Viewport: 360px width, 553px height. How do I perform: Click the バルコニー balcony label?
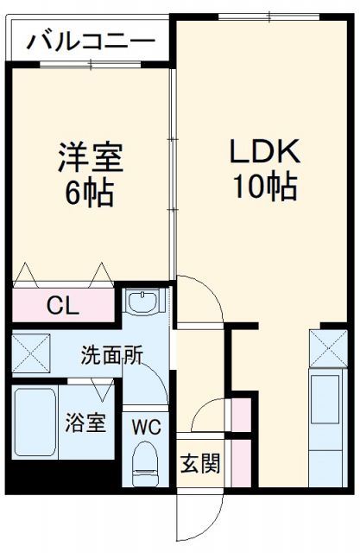(x=91, y=41)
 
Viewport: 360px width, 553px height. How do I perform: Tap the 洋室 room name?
(x=91, y=157)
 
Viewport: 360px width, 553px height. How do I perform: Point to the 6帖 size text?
(x=89, y=193)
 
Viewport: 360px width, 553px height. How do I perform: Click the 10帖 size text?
(x=263, y=186)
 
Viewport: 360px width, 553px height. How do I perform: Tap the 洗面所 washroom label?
(x=112, y=354)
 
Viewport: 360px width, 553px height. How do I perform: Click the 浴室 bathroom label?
(x=85, y=423)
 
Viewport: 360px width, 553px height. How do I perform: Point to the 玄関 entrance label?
(x=200, y=464)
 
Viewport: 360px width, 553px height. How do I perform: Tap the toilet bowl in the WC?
(x=148, y=462)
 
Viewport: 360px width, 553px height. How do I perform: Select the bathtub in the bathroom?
(x=36, y=423)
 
